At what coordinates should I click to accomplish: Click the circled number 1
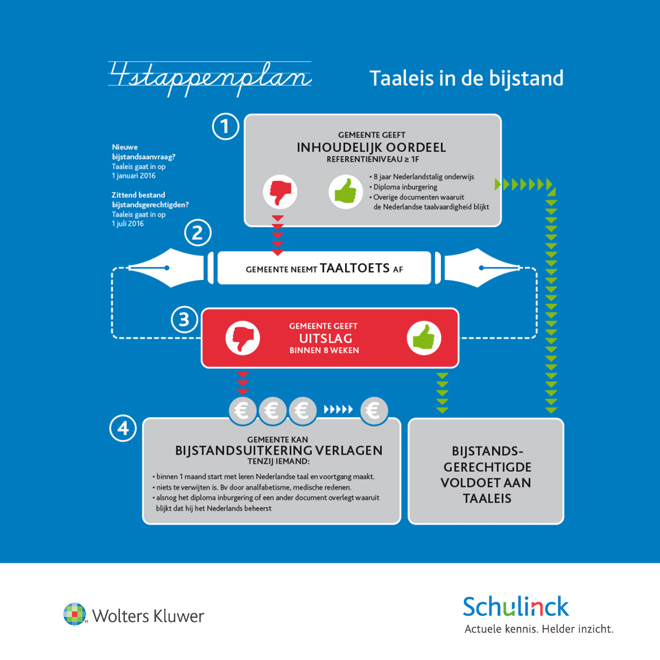pos(226,126)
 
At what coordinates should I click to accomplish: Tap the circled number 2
pos(198,233)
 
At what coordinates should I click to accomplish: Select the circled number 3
pos(185,319)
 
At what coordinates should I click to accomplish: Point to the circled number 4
pos(123,428)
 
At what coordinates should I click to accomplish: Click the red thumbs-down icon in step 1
pos(280,192)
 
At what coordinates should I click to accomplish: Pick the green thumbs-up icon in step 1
pos(346,192)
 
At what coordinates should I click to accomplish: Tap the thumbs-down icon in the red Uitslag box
pos(242,338)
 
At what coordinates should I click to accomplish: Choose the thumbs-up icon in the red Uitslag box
pos(424,338)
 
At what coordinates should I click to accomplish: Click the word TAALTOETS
pos(355,268)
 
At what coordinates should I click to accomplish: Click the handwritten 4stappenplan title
pos(210,78)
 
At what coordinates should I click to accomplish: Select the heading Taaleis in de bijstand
pos(466,78)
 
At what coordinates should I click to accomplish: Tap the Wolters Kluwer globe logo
pos(74,614)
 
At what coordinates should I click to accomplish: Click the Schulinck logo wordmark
pos(516,606)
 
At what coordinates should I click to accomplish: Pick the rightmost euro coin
pos(374,410)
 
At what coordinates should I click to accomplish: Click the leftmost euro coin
pos(242,410)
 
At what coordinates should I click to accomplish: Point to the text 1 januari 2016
pos(133,176)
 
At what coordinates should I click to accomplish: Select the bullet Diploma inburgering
pos(404,187)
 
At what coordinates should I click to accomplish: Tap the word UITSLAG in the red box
pos(326,338)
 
